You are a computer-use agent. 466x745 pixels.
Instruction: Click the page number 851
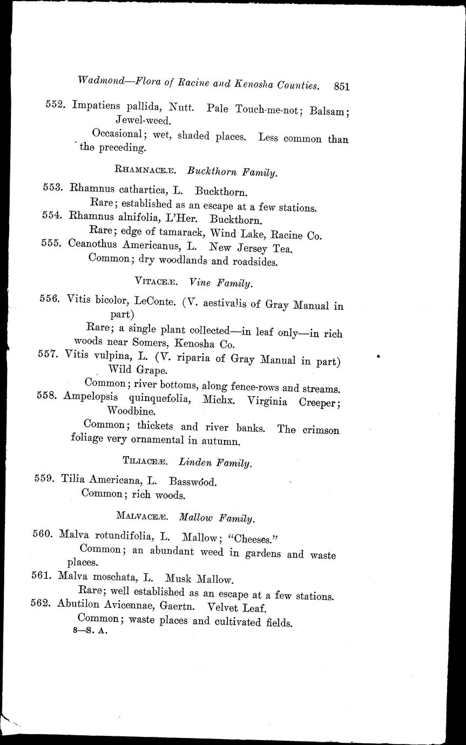[x=342, y=86]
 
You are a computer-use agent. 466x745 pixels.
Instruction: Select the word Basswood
[x=193, y=482]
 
